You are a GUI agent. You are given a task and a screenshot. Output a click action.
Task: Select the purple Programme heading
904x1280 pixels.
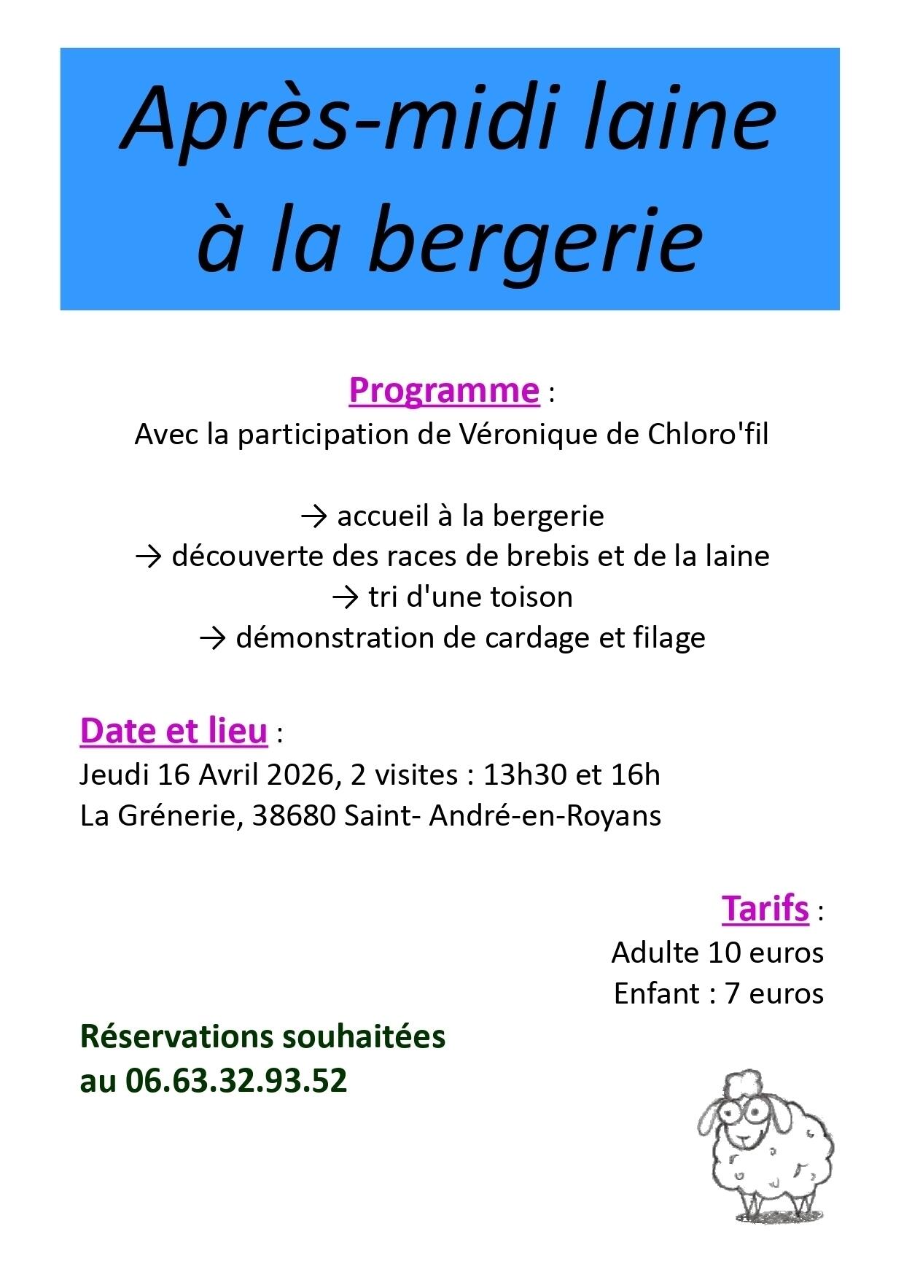tap(444, 390)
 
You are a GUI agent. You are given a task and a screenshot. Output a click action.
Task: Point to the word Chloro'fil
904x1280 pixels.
tap(708, 435)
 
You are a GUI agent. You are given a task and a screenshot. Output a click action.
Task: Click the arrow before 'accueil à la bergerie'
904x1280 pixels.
tap(314, 516)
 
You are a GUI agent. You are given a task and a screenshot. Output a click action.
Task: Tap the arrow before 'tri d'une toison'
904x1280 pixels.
tap(346, 597)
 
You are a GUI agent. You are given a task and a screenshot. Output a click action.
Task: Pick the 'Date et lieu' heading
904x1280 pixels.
tap(174, 732)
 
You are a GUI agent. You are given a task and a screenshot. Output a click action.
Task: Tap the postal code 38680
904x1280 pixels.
tap(294, 815)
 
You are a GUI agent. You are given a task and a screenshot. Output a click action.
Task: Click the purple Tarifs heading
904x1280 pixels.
tap(765, 909)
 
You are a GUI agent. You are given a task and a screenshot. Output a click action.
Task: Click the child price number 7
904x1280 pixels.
tap(732, 994)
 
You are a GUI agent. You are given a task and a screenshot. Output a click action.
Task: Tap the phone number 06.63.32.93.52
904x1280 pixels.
tap(236, 1080)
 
